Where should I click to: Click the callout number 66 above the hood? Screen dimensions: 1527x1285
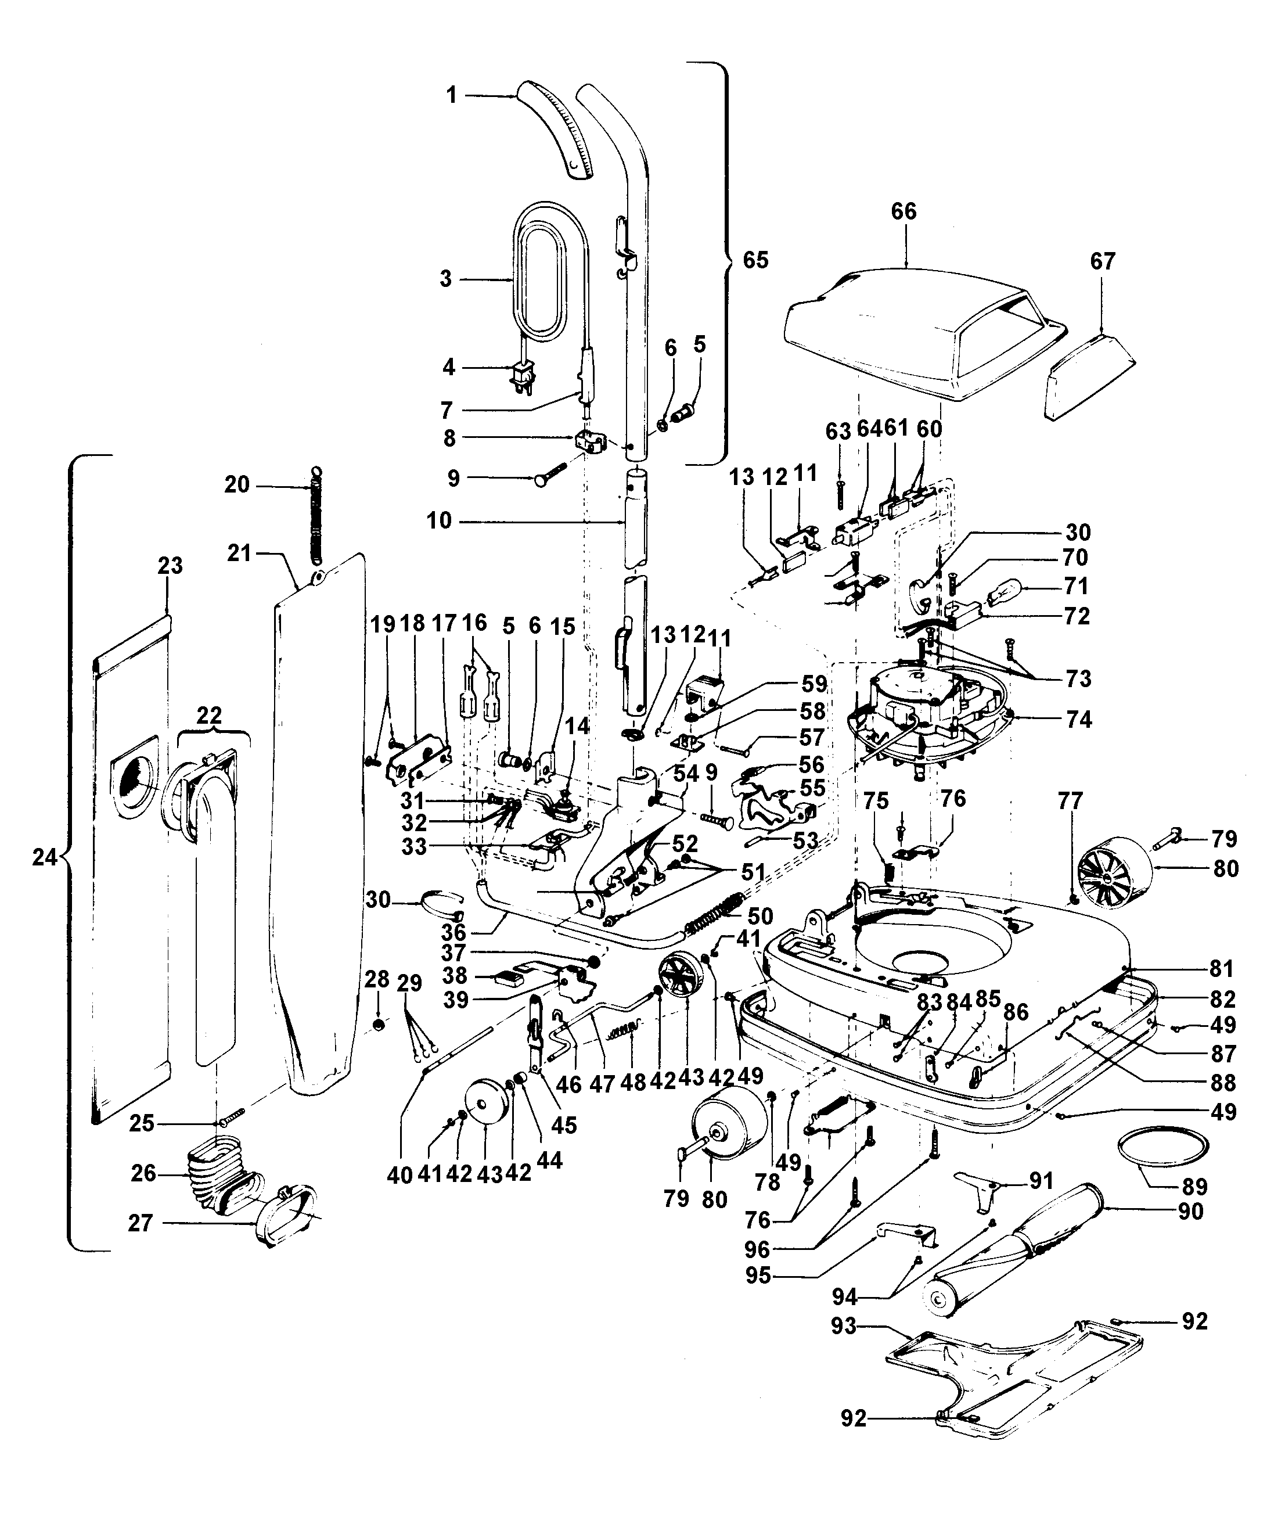point(904,212)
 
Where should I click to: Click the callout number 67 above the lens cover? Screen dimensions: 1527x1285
point(1103,261)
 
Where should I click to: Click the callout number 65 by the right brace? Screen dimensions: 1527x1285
point(755,260)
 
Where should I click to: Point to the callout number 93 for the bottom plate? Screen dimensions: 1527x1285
point(844,1325)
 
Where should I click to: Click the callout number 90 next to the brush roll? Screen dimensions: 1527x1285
point(1190,1211)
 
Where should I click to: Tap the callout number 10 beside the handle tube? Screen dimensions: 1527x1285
point(439,521)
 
